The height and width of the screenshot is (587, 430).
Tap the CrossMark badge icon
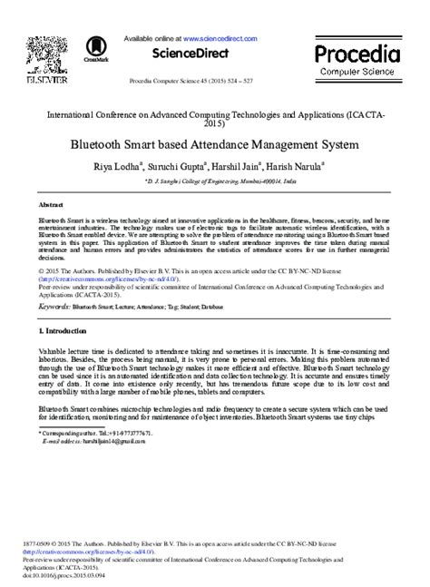point(94,50)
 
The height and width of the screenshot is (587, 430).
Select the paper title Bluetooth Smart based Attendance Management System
point(214,143)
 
